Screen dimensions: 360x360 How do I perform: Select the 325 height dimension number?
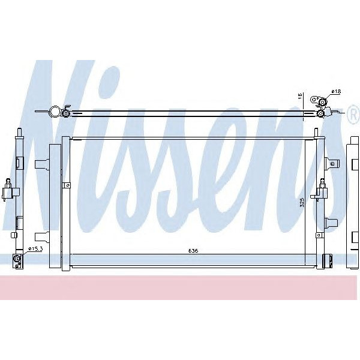(x=304, y=202)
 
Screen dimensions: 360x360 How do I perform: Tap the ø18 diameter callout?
(x=335, y=91)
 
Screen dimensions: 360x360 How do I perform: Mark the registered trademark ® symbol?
(x=352, y=119)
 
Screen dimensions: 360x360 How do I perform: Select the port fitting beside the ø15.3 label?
(x=18, y=259)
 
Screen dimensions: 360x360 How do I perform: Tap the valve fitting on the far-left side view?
(x=8, y=192)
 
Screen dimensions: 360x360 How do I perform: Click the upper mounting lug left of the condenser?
(x=44, y=163)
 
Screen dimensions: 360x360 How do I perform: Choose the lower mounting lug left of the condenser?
(x=43, y=236)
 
